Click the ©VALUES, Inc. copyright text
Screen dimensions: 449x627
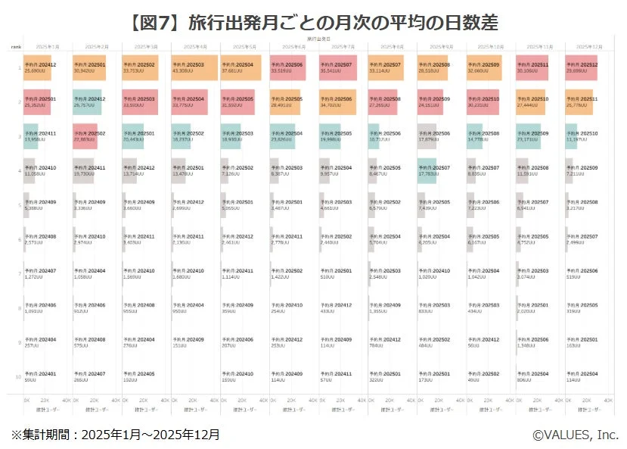[x=575, y=435]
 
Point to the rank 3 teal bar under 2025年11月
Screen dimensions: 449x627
[x=528, y=136]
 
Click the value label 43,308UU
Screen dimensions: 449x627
[x=185, y=71]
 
